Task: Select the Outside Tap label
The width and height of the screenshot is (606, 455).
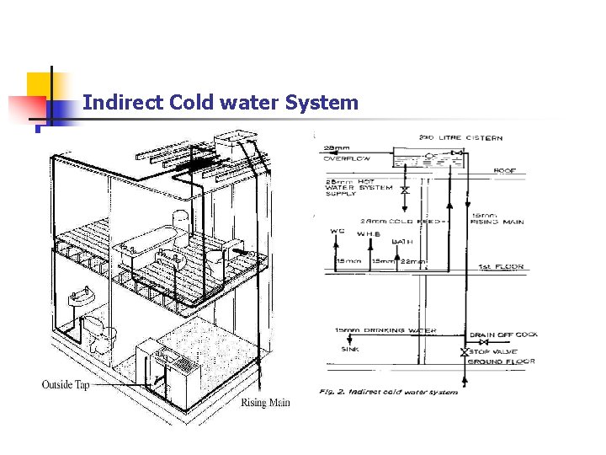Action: click(65, 385)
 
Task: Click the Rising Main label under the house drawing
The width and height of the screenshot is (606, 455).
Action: click(265, 403)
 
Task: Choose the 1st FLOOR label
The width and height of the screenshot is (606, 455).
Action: click(502, 267)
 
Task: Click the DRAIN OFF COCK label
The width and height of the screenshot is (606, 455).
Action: click(503, 335)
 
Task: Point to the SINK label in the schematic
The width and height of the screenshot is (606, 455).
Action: click(349, 347)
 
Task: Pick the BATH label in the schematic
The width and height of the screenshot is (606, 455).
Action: click(401, 242)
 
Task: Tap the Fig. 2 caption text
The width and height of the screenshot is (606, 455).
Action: click(389, 392)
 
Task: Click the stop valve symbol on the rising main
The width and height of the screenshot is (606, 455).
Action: click(464, 351)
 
